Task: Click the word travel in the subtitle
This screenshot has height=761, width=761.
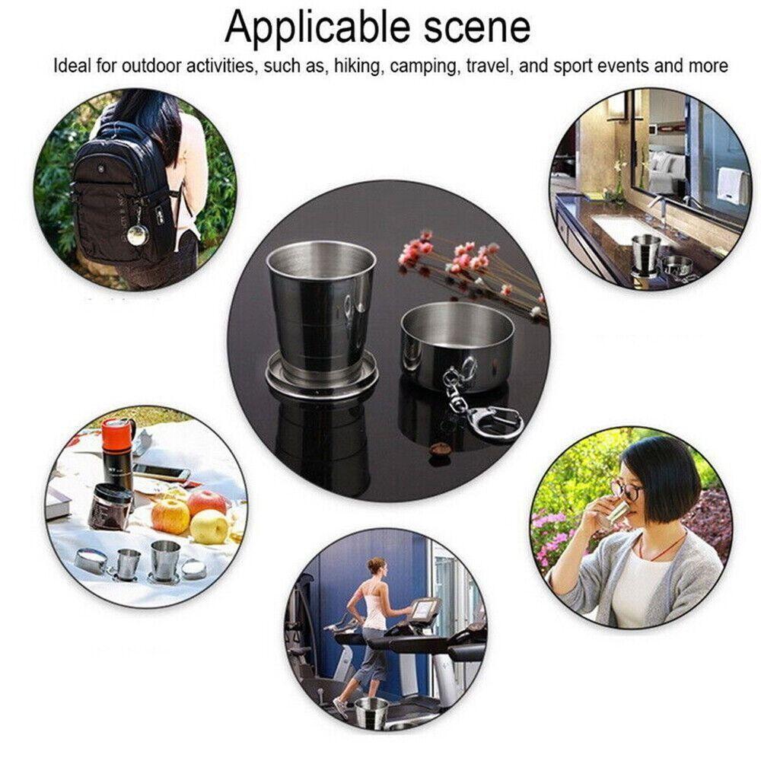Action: coord(488,66)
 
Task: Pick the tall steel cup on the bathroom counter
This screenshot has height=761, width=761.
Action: coord(645,253)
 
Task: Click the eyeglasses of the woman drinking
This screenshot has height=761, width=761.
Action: coord(629,489)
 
